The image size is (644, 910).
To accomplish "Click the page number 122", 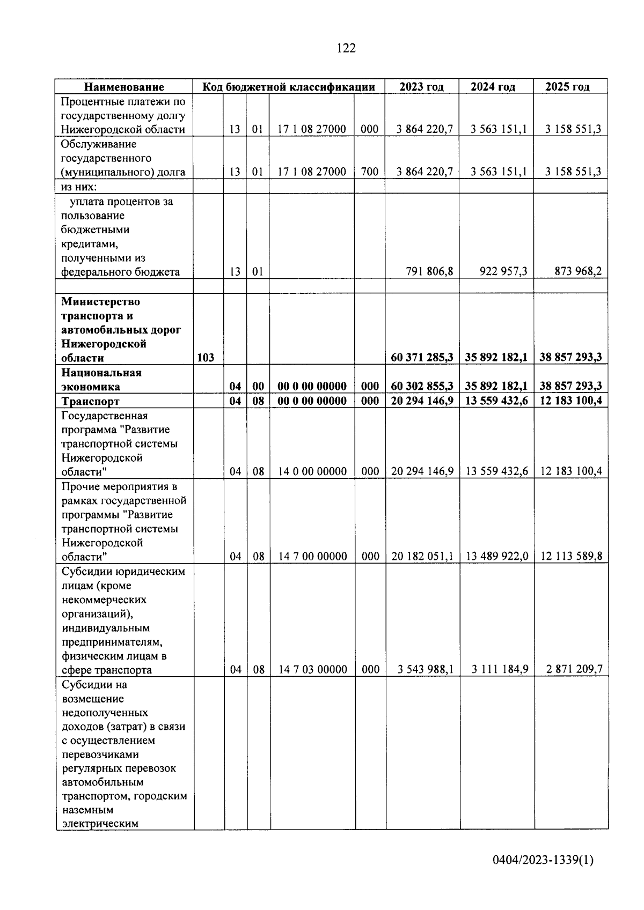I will tap(346, 48).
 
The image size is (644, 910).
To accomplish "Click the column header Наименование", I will tap(124, 87).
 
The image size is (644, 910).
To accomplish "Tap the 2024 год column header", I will tap(496, 87).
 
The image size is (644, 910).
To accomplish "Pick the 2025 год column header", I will tap(570, 87).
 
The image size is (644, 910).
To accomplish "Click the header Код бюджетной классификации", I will tap(288, 87).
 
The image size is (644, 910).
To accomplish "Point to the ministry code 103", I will tap(206, 358).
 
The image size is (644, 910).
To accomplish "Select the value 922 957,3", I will tap(503, 272).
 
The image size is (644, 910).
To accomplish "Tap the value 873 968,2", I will tap(578, 272).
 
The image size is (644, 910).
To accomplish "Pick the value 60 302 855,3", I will tap(422, 386).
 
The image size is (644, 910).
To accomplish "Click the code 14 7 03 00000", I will tap(312, 669).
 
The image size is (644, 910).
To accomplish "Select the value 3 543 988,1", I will tap(425, 669).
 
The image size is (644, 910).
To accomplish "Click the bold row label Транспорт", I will tap(90, 401).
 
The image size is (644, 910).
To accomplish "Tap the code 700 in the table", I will tap(370, 172).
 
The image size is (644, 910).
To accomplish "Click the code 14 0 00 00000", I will tap(312, 471).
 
